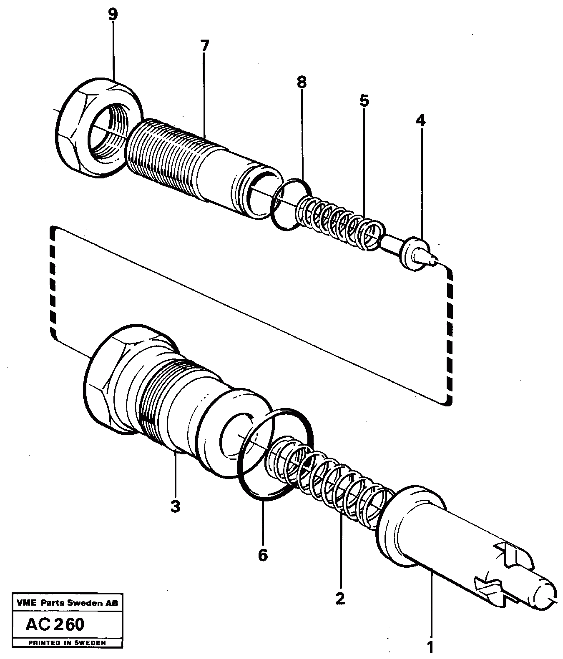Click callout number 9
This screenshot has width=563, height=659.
coord(112,15)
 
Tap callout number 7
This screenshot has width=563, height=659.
coord(204,45)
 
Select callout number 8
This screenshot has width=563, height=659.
coord(302,82)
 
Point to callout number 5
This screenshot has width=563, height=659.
coord(364,100)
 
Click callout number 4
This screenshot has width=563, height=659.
coord(420,120)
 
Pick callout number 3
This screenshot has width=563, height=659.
coord(175,506)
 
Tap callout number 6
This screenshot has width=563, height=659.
coord(262,555)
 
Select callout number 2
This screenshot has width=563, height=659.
coord(340,599)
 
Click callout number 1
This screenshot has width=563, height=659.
coord(431,648)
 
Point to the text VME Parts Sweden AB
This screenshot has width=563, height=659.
coord(67,603)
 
